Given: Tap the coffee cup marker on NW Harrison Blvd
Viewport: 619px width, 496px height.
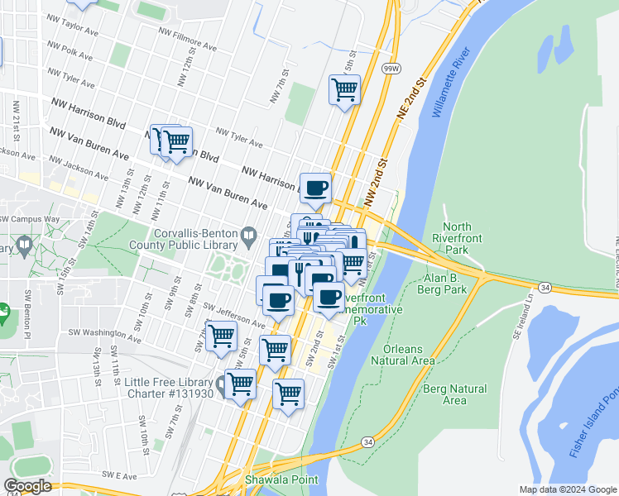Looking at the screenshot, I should [315, 188].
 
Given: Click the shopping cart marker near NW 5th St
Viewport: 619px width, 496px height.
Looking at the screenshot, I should [344, 89].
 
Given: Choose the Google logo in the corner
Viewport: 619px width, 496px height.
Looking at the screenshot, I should [27, 486].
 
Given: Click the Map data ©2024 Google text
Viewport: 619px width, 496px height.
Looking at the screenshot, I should [567, 489].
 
